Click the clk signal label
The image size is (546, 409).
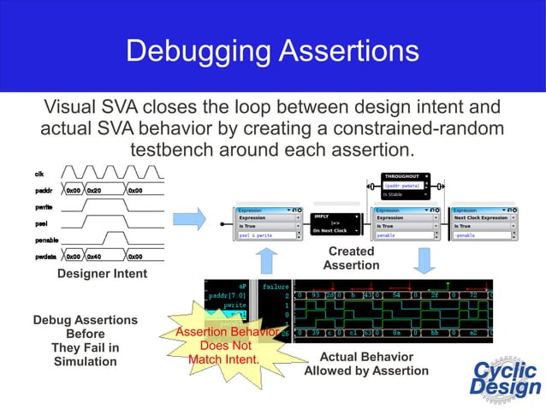[x=39, y=175]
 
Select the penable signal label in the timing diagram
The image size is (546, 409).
[x=46, y=240]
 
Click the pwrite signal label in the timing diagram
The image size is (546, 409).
[x=44, y=206]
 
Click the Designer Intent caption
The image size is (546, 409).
[x=102, y=274]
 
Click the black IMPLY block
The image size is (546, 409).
[x=329, y=223]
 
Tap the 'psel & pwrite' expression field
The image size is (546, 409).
[x=268, y=234]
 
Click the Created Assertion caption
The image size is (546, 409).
[x=351, y=258]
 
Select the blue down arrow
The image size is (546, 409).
[x=423, y=261]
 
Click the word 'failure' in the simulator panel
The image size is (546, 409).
[x=276, y=287]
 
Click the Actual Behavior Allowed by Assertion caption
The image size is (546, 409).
[x=366, y=364]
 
